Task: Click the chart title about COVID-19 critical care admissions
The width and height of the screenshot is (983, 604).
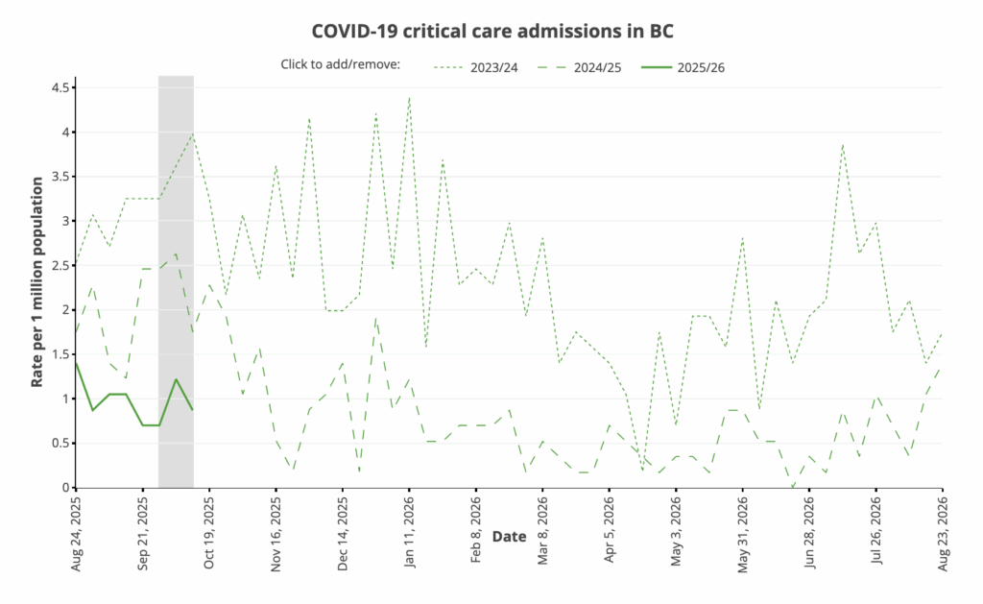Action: (x=492, y=32)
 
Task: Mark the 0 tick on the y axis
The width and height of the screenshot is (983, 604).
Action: (x=64, y=487)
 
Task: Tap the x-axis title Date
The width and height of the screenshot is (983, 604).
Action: (x=509, y=537)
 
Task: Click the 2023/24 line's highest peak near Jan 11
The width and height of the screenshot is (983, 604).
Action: (x=409, y=97)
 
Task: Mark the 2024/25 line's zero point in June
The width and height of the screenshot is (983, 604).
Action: (x=793, y=487)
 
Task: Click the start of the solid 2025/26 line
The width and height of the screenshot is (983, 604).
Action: (x=77, y=363)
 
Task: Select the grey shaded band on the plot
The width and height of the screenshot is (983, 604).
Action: (x=176, y=288)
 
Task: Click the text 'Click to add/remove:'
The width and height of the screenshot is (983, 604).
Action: (x=340, y=65)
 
